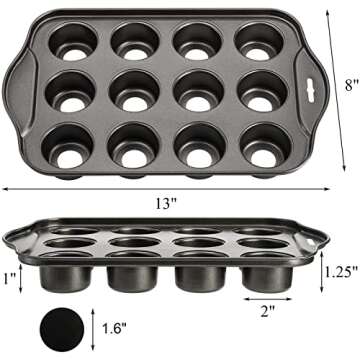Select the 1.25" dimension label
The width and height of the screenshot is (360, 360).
point(338,268)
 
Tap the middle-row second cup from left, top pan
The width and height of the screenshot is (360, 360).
point(136,90)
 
